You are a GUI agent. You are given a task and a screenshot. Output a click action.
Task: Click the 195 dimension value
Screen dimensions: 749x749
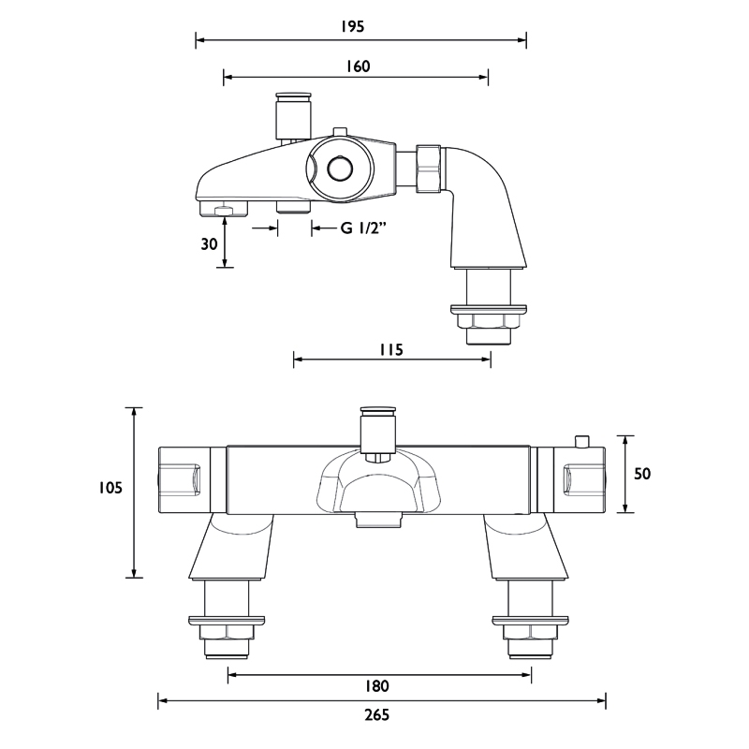(x=353, y=27)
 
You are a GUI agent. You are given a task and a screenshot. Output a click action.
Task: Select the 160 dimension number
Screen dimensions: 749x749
(x=358, y=66)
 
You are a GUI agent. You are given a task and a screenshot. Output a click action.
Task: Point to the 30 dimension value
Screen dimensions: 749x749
(x=209, y=243)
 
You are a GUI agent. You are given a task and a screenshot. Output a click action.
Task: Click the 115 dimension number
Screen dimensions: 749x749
(x=390, y=350)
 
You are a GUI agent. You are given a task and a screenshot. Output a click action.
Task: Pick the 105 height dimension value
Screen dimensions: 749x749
(x=110, y=487)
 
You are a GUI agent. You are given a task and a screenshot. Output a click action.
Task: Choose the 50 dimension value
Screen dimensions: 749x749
(x=642, y=474)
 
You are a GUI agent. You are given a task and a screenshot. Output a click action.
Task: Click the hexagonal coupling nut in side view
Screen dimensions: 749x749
(x=428, y=169)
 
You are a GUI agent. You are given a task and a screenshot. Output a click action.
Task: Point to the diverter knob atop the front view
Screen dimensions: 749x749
(x=377, y=429)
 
